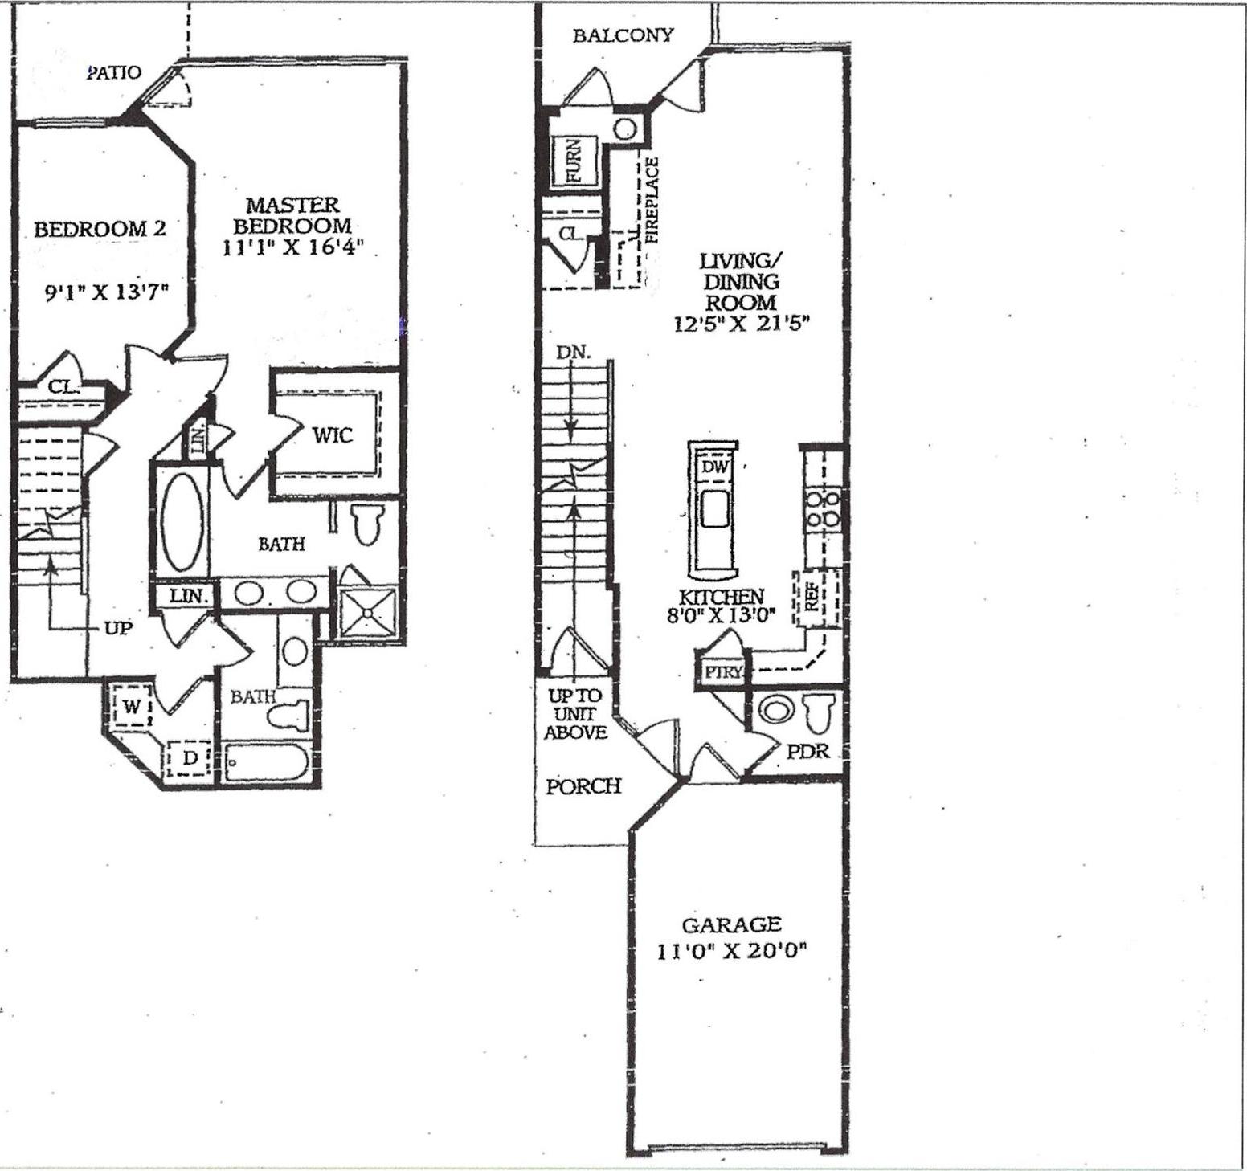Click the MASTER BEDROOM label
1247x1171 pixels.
tap(292, 215)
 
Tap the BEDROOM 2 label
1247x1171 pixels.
tap(100, 229)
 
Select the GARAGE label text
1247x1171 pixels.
tap(730, 924)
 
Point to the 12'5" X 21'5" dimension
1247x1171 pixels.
tap(741, 324)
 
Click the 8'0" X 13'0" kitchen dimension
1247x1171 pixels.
tap(721, 615)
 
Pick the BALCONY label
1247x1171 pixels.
tap(623, 35)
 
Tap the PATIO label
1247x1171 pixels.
tap(114, 73)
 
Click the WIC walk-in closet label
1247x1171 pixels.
tap(332, 435)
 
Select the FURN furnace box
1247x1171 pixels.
tap(573, 161)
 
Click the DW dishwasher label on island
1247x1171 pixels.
tap(713, 467)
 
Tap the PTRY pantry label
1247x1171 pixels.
tap(722, 672)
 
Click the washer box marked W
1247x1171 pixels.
tap(131, 707)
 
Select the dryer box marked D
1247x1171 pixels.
tap(190, 757)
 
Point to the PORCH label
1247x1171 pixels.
tap(583, 786)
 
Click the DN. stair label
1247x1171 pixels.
tap(573, 352)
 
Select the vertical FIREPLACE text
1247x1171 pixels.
tap(652, 201)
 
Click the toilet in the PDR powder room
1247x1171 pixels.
tap(819, 712)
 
